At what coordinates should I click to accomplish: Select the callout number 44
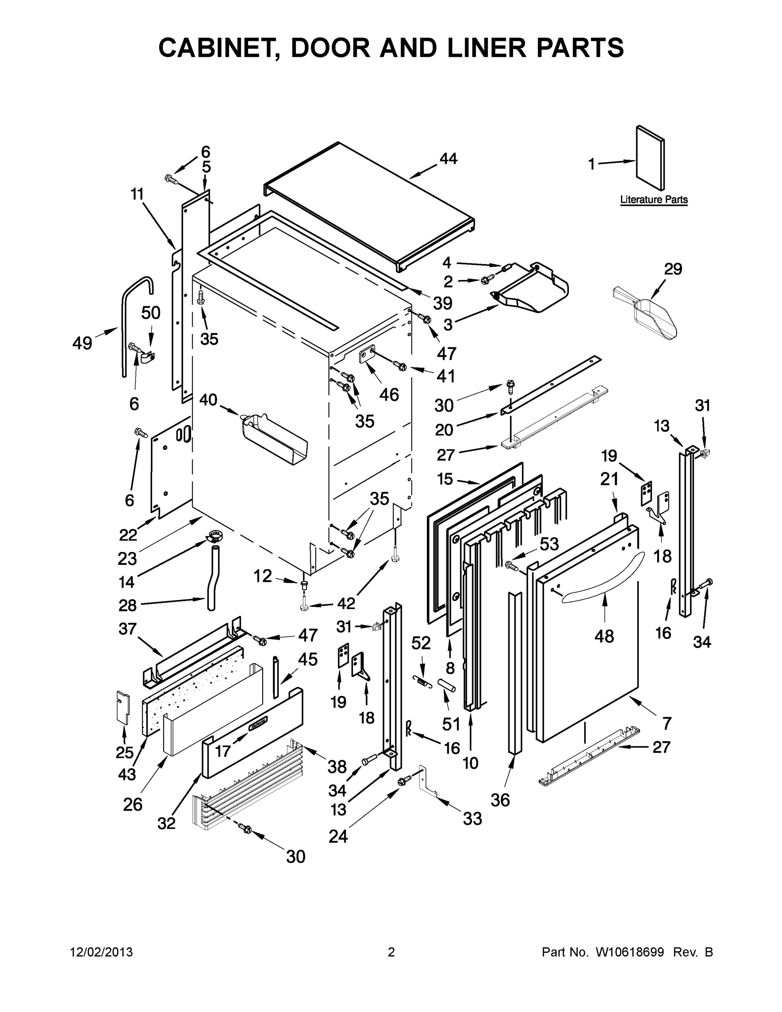pyautogui.click(x=448, y=159)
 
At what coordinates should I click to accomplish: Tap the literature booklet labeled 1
pyautogui.click(x=650, y=158)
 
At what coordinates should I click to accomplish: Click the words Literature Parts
pyautogui.click(x=654, y=200)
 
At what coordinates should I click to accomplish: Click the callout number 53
pyautogui.click(x=549, y=544)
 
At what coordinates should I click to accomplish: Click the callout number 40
pyautogui.click(x=209, y=399)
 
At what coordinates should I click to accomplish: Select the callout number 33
pyautogui.click(x=472, y=819)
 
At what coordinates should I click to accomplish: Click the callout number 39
pyautogui.click(x=442, y=303)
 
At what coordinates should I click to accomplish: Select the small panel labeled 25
pyautogui.click(x=123, y=708)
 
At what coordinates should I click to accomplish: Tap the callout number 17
pyautogui.click(x=223, y=751)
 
